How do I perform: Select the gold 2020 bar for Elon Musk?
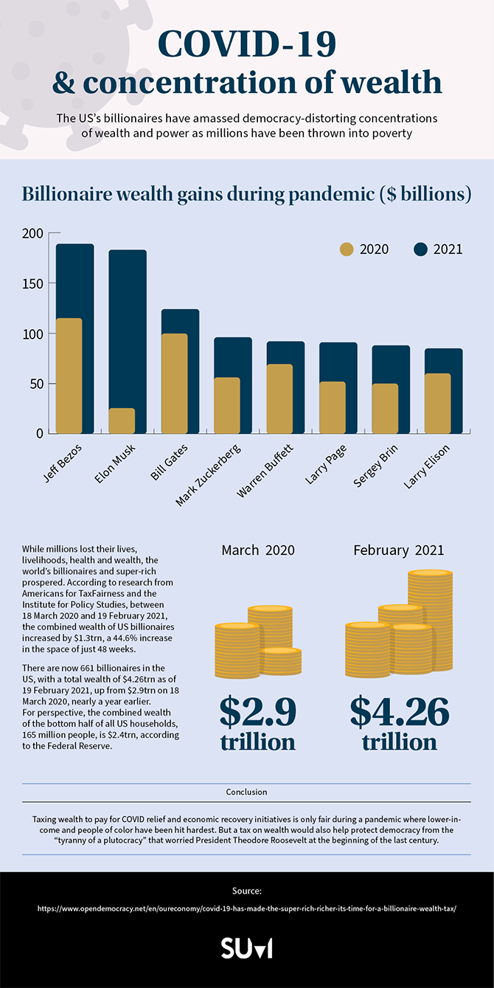[x=122, y=421]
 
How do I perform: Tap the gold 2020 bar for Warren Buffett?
[x=280, y=398]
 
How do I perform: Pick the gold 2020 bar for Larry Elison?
[x=438, y=403]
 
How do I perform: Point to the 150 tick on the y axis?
[x=32, y=283]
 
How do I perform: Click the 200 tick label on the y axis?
[x=32, y=233]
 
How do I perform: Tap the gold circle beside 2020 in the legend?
[x=347, y=249]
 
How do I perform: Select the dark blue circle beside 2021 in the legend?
[x=420, y=249]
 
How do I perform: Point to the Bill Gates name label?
[x=170, y=463]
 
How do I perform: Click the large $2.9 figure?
[x=257, y=711]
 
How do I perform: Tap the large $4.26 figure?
[x=399, y=711]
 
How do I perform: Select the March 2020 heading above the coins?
[x=258, y=550]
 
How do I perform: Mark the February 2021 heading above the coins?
[x=398, y=550]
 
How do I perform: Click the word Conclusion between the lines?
[x=246, y=792]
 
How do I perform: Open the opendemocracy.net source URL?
[x=247, y=908]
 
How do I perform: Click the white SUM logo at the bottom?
[x=246, y=948]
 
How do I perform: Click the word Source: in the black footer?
[x=246, y=891]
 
